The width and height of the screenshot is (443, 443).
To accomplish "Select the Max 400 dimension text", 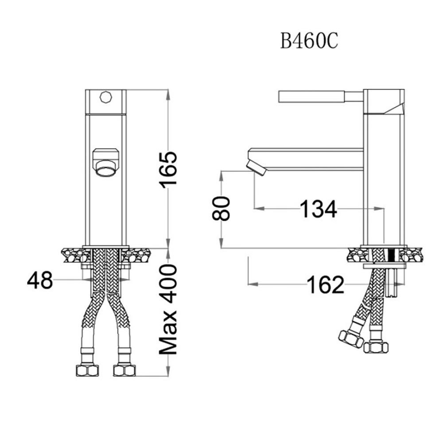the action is coord(168,310).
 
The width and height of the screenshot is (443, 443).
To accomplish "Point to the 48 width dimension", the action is coord(40,280).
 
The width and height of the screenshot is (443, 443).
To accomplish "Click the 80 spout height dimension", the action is coord(221,209).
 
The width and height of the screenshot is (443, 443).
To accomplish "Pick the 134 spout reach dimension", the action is coord(318,209).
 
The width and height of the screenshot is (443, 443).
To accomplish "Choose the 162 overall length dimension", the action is coord(326,284).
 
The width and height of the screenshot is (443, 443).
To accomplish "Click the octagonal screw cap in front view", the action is coord(106,97).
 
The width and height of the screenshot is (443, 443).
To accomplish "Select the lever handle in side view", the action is coord(321,97).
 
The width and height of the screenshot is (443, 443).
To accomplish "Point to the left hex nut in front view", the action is coord(87,370).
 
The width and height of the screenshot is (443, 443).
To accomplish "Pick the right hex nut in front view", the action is coord(124,370).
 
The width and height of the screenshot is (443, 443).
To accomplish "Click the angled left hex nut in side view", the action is coord(351,339).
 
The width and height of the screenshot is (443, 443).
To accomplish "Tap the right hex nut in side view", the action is coord(376,347).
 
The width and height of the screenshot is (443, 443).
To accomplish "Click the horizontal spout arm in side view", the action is coord(305,159).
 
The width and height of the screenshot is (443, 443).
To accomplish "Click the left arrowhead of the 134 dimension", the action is coord(259,209).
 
